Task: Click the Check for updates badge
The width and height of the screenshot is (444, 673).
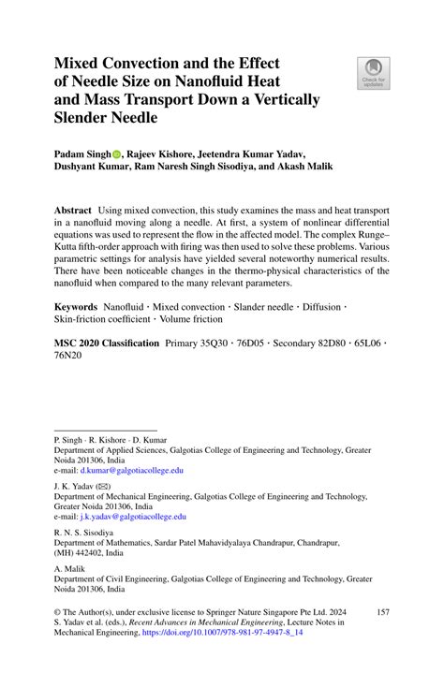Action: coord(373,72)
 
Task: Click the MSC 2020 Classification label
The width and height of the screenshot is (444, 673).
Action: coord(106,344)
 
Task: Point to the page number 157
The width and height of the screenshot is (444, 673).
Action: coord(382,611)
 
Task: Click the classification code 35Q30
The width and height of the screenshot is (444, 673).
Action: coord(221,344)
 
